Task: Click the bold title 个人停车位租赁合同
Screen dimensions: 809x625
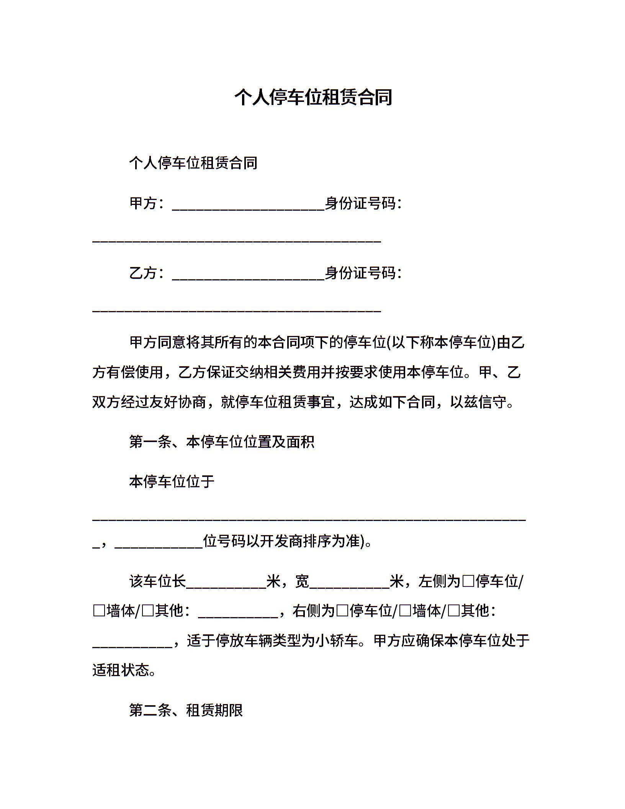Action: (x=313, y=97)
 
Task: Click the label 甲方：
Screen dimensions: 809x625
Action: (x=147, y=203)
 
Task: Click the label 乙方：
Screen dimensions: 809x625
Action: (x=147, y=273)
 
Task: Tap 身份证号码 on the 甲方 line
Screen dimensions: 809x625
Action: (x=360, y=203)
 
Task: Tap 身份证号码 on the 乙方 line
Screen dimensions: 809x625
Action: (x=360, y=273)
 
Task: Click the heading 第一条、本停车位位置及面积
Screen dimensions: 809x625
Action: (x=222, y=442)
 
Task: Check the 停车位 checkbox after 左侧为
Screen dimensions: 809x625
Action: (x=468, y=582)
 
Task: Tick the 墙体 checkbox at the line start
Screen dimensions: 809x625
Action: (x=99, y=611)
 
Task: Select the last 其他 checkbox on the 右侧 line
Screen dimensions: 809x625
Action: (x=453, y=611)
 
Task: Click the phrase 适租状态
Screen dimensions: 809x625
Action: (x=121, y=670)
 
